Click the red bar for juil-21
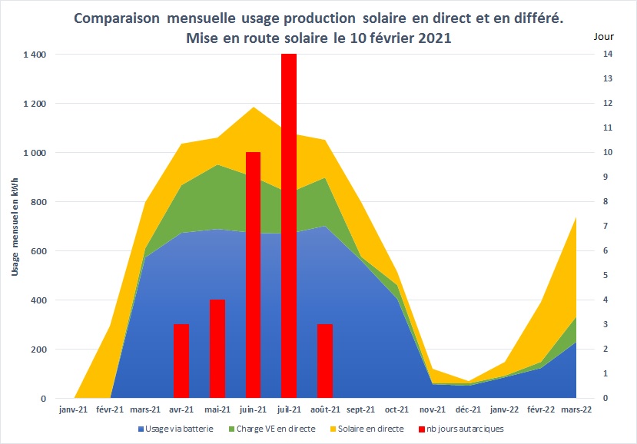[x=289, y=227]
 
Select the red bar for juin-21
[x=253, y=275]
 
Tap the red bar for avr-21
[x=181, y=361]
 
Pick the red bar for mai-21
[x=217, y=349]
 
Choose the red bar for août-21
[x=325, y=361]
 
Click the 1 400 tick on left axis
[x=35, y=55]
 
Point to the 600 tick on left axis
[x=38, y=251]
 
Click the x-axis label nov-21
[x=433, y=410]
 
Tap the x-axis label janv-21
[x=74, y=410]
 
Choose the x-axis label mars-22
[x=576, y=410]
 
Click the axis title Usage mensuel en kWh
[x=15, y=227]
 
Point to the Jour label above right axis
[x=605, y=37]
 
